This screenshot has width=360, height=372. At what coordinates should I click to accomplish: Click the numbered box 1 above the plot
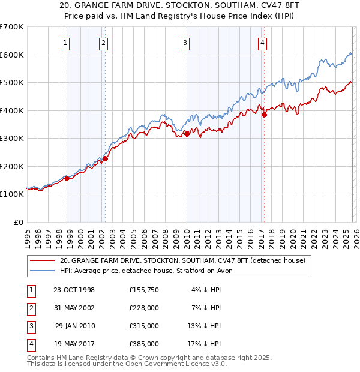click(64, 43)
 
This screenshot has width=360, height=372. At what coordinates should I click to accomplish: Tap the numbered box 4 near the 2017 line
click(263, 43)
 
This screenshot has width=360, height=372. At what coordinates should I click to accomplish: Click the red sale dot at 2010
click(187, 134)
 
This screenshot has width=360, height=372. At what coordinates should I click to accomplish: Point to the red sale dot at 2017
click(264, 115)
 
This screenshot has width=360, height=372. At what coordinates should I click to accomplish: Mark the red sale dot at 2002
click(105, 158)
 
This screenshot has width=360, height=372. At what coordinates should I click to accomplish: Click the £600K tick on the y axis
click(12, 55)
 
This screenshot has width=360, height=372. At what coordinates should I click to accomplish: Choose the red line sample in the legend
click(41, 261)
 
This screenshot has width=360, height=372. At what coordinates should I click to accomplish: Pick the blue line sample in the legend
click(41, 271)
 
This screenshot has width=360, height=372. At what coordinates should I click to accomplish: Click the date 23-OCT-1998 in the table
click(74, 290)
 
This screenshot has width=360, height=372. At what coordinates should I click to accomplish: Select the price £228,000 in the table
click(144, 308)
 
